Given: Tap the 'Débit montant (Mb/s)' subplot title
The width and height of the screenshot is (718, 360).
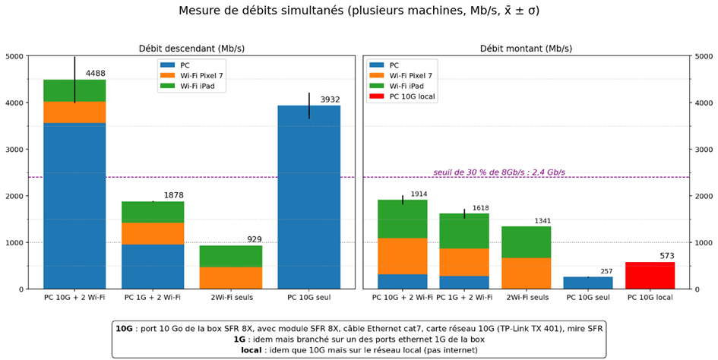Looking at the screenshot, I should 526,48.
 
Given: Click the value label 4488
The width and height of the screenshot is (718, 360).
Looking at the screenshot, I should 95,74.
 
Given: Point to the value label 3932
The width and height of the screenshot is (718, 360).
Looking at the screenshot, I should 329,99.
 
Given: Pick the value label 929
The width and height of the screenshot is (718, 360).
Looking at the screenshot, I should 254,240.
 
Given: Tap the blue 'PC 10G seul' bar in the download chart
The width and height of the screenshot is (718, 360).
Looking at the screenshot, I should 308,197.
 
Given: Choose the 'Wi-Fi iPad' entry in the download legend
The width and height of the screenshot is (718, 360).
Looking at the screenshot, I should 201,87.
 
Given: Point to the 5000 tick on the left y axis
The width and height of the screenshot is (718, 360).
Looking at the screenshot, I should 14,56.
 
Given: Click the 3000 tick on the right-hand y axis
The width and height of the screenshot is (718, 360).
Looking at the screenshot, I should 703,150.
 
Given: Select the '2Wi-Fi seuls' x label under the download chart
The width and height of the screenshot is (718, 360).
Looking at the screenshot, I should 230,298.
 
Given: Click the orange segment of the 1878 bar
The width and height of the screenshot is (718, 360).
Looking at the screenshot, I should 152,233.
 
